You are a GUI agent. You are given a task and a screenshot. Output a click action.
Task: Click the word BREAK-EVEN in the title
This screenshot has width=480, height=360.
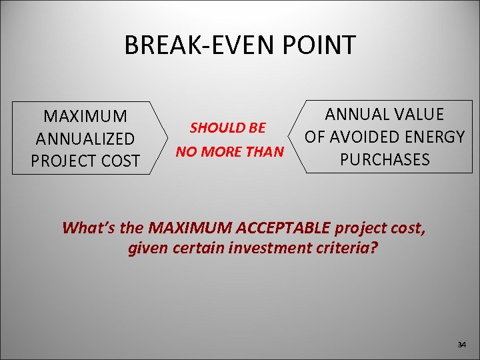click(199, 45)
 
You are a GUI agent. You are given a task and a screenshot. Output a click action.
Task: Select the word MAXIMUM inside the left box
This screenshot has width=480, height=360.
click(85, 116)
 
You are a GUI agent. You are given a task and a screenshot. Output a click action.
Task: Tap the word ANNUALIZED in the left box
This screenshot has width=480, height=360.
click(85, 139)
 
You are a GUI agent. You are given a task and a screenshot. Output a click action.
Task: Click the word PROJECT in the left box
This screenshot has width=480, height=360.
click(60, 161)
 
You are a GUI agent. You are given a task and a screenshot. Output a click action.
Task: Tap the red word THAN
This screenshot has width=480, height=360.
click(265, 152)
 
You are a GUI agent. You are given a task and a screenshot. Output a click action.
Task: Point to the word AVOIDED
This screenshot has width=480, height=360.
click(363, 137)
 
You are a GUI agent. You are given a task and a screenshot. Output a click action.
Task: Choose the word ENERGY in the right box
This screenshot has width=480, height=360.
click(435, 137)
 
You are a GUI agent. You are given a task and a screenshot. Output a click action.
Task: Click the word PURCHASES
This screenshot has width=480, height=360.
click(385, 160)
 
